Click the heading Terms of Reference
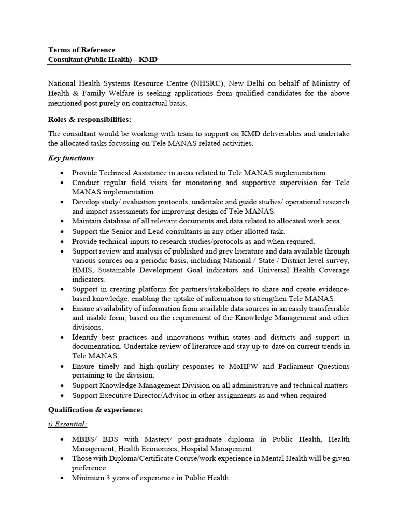click(81, 50)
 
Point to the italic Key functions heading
click(71, 158)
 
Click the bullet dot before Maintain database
click(62, 221)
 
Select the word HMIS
click(82, 270)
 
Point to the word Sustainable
click(122, 270)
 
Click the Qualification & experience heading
click(95, 410)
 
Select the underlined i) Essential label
click(67, 424)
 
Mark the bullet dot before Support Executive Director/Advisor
click(62, 396)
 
